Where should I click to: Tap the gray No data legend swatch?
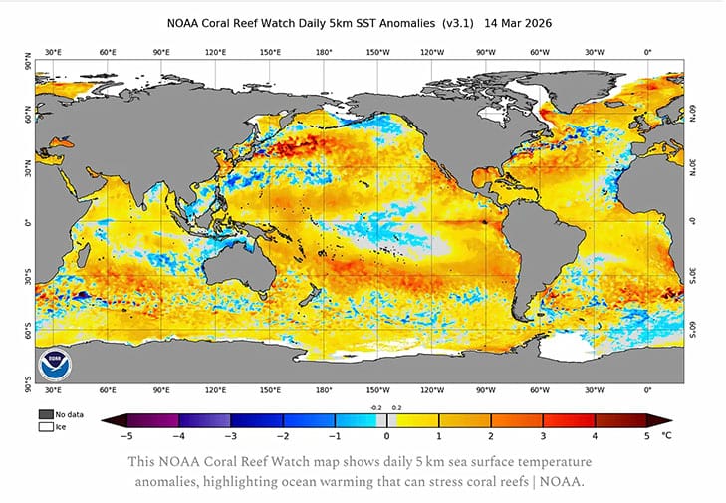pyautogui.click(x=46, y=413)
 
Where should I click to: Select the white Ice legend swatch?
pyautogui.click(x=46, y=426)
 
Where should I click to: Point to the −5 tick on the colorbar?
pyautogui.click(x=126, y=435)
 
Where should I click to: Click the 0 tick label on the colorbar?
pyautogui.click(x=386, y=435)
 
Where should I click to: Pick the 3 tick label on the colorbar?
pyautogui.click(x=543, y=435)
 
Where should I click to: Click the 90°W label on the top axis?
pyautogui.click(x=486, y=51)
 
